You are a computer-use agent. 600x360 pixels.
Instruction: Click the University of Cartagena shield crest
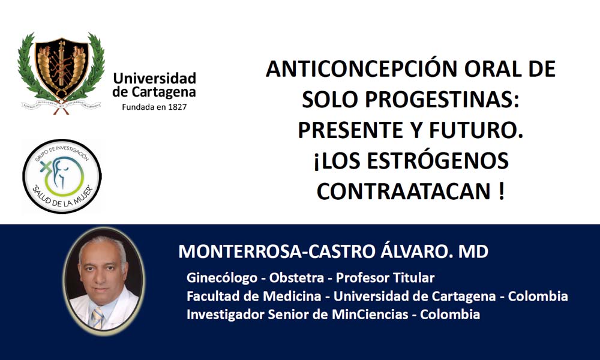tap(61, 73)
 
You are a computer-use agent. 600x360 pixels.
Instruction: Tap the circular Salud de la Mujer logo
tap(62, 176)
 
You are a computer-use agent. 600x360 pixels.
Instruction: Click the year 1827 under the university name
tap(178, 107)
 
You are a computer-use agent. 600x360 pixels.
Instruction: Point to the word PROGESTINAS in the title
tap(439, 100)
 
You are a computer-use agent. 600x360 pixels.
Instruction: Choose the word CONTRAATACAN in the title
tap(404, 191)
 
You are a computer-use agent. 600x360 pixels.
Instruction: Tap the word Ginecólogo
tap(221, 278)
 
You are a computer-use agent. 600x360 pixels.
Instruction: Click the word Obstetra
tap(296, 278)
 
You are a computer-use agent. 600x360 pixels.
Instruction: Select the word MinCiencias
tap(370, 314)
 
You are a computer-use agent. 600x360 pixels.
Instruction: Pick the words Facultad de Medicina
tap(254, 296)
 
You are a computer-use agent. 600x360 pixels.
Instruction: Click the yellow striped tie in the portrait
tap(97, 317)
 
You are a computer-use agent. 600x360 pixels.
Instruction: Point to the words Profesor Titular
tap(385, 278)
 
